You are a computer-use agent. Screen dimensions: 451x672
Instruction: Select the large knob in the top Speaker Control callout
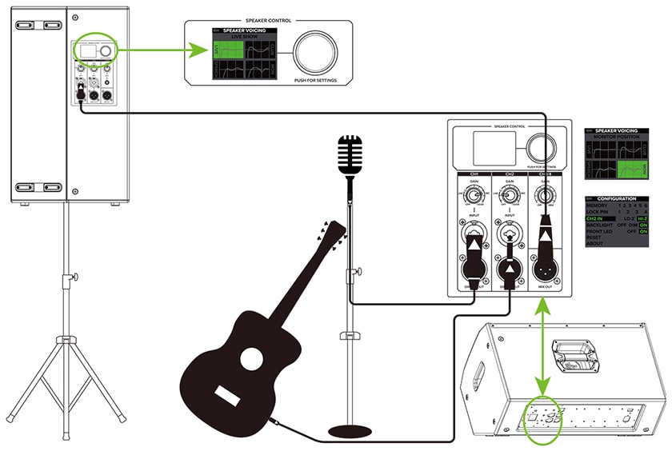[317, 54]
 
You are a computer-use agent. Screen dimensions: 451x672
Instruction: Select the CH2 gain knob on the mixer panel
[510, 194]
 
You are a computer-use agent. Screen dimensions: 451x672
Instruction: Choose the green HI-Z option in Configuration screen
[642, 218]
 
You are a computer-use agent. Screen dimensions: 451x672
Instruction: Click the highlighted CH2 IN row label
[600, 218]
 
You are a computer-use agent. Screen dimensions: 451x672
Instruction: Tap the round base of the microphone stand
[350, 431]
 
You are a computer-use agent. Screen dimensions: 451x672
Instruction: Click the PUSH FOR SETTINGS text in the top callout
[317, 81]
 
